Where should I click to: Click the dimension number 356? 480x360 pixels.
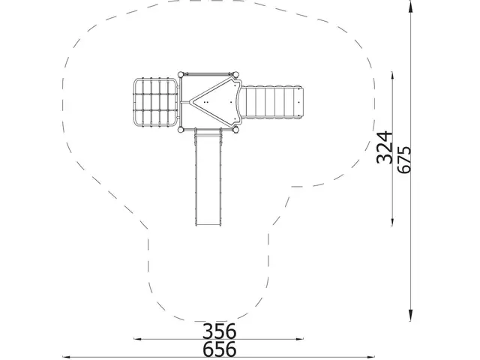point(220,331)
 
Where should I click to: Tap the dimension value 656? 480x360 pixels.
point(220,349)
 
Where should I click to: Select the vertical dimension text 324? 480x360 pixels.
point(384,147)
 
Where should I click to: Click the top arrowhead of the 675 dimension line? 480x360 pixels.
point(410,5)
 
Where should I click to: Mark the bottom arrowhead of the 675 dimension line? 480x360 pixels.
point(410,315)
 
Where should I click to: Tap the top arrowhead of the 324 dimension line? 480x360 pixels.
point(392,77)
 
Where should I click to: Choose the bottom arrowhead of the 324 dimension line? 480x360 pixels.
point(392,220)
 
